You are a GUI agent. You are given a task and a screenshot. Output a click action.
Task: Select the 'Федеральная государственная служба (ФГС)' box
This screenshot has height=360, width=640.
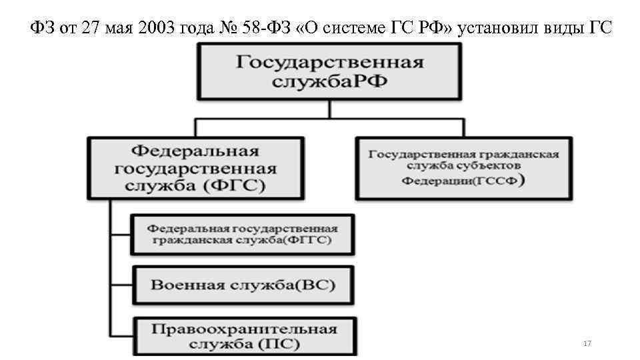[195, 169]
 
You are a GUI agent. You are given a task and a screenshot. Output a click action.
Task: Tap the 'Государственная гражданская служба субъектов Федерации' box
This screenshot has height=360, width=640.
[463, 168]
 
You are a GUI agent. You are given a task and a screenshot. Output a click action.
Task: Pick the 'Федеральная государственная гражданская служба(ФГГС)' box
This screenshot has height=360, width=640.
[243, 234]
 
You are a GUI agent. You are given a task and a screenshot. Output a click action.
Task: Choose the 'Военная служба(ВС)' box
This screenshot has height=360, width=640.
[243, 285]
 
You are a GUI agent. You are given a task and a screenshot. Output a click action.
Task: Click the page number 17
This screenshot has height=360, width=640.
[587, 343]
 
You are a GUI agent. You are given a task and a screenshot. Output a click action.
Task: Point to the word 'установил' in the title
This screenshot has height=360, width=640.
[510, 28]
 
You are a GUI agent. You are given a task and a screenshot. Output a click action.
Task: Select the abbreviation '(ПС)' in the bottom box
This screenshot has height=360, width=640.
[276, 345]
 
